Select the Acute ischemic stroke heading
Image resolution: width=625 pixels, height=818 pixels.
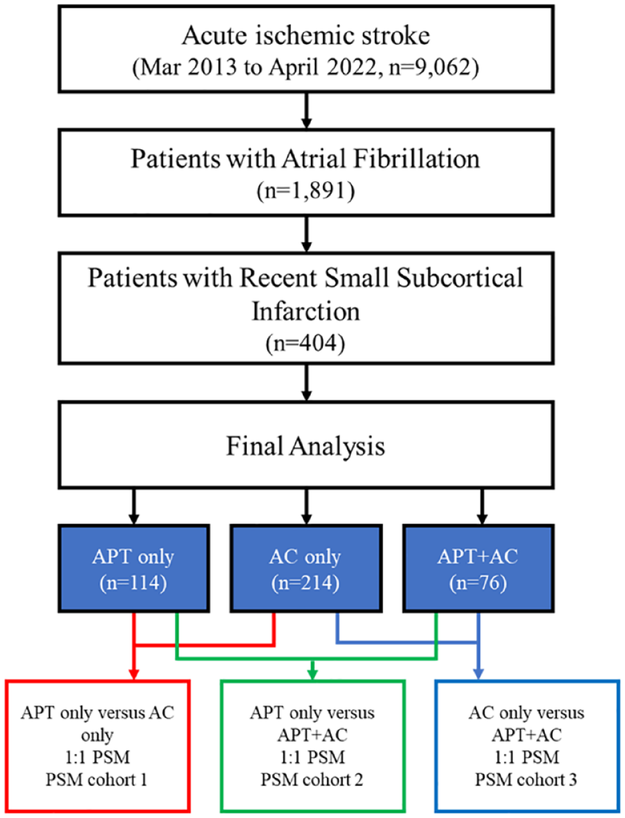click(305, 36)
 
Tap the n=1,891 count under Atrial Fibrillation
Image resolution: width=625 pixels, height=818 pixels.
click(305, 191)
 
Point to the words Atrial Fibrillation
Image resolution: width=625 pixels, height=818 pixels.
click(380, 159)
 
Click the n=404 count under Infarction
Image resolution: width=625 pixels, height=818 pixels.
click(305, 343)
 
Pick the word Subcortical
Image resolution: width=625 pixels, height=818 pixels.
click(460, 278)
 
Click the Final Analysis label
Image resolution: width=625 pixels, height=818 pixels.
click(305, 446)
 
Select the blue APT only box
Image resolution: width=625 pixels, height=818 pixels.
click(134, 569)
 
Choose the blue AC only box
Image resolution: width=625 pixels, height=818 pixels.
click(306, 569)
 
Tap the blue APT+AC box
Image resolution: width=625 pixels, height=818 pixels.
click(478, 569)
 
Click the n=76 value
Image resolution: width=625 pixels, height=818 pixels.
click(478, 583)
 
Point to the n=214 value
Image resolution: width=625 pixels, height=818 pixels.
click(305, 583)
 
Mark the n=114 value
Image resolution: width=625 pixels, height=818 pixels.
click(133, 583)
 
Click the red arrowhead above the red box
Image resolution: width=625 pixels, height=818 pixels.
click(134, 674)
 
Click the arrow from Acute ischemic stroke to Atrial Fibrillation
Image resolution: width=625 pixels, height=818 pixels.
click(306, 110)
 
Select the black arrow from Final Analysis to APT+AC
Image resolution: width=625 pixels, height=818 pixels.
click(482, 506)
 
